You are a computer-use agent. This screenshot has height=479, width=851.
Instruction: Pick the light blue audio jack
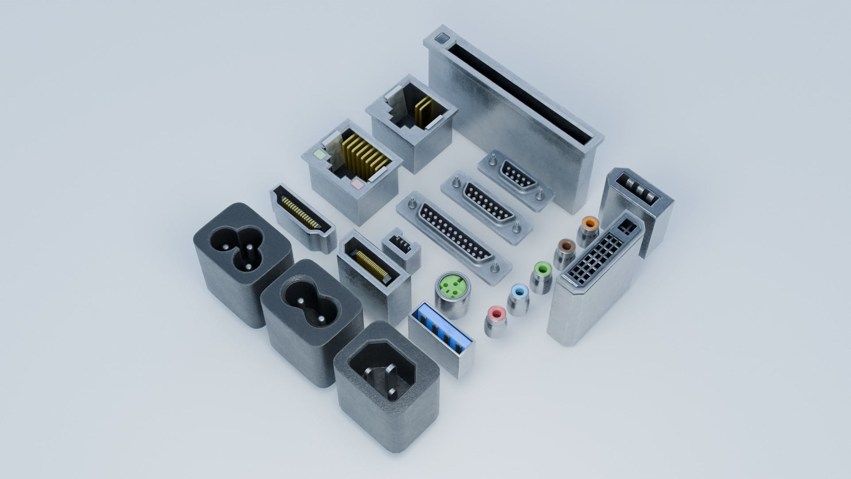pos(519,292)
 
